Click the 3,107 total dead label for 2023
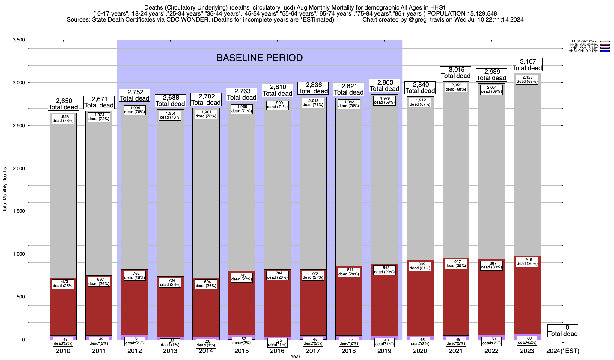(x=527, y=65)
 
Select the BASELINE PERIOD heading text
(x=259, y=58)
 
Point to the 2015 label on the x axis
(x=241, y=351)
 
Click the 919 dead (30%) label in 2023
(x=527, y=262)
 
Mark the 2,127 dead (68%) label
(x=527, y=79)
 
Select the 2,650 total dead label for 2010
(x=63, y=104)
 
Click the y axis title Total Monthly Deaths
(x=5, y=190)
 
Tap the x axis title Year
(x=295, y=356)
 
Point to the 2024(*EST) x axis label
(x=563, y=351)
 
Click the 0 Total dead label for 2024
(x=563, y=331)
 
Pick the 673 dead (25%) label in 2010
(x=63, y=284)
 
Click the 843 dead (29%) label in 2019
(x=384, y=270)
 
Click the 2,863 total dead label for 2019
(x=384, y=85)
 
